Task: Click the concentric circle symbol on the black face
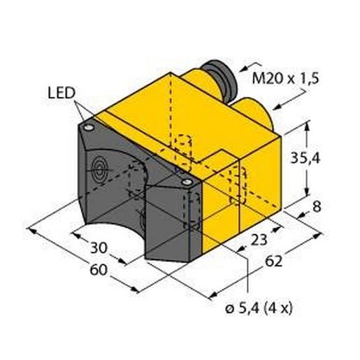pyautogui.click(x=99, y=168)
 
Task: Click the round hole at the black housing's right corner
pyautogui.click(x=187, y=182)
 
